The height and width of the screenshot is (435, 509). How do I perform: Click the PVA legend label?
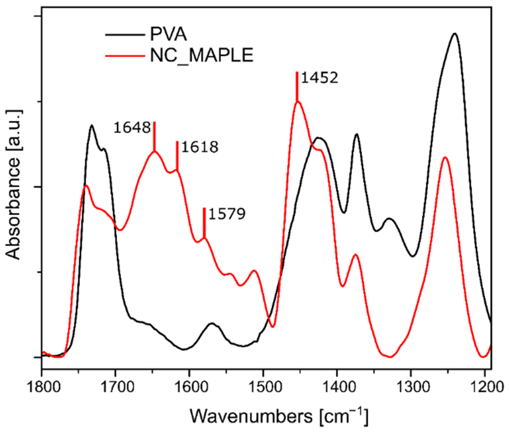[168, 35]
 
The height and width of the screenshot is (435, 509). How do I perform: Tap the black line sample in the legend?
[125, 35]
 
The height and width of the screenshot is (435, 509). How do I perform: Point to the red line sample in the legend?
[125, 56]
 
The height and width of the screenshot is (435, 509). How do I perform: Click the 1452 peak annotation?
[319, 77]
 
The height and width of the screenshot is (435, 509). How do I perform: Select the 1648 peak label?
[132, 127]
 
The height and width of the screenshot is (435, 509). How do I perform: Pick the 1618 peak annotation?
[200, 147]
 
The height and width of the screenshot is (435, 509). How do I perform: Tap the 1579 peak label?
[227, 214]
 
